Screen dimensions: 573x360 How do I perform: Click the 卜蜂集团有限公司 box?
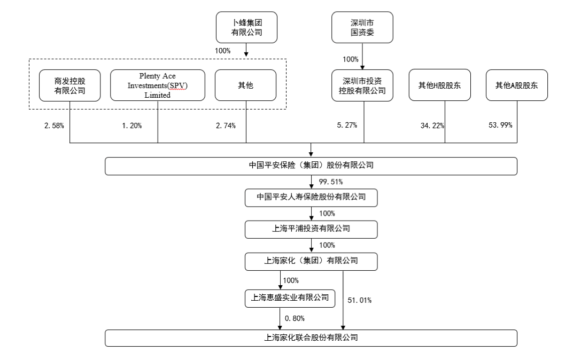click(x=246, y=27)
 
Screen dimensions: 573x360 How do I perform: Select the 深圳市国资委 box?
click(x=362, y=27)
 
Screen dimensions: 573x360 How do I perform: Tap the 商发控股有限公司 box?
click(x=70, y=85)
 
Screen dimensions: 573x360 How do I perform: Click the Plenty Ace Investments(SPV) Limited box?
click(x=158, y=85)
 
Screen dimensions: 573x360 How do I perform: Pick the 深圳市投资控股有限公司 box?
click(x=362, y=85)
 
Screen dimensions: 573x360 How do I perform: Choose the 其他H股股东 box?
click(x=439, y=85)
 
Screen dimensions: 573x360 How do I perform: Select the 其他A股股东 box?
click(x=517, y=85)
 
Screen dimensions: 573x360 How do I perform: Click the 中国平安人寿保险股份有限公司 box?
click(x=311, y=198)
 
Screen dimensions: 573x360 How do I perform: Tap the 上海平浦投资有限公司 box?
click(x=311, y=229)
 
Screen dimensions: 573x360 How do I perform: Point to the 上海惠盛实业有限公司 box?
click(x=290, y=298)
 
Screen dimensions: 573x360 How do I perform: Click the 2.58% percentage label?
click(x=54, y=126)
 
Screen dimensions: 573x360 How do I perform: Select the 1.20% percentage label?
click(x=131, y=126)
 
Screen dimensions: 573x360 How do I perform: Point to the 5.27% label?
click(x=347, y=125)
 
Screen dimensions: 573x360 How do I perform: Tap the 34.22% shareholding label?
click(x=432, y=126)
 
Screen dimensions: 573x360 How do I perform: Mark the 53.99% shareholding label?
click(x=500, y=125)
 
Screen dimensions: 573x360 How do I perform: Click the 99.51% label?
click(x=331, y=182)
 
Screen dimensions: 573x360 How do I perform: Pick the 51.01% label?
click(x=360, y=300)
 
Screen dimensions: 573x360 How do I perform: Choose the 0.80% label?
click(x=295, y=318)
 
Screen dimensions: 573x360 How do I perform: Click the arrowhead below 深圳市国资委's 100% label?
click(x=362, y=67)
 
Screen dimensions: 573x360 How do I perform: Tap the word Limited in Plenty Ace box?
click(x=158, y=95)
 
